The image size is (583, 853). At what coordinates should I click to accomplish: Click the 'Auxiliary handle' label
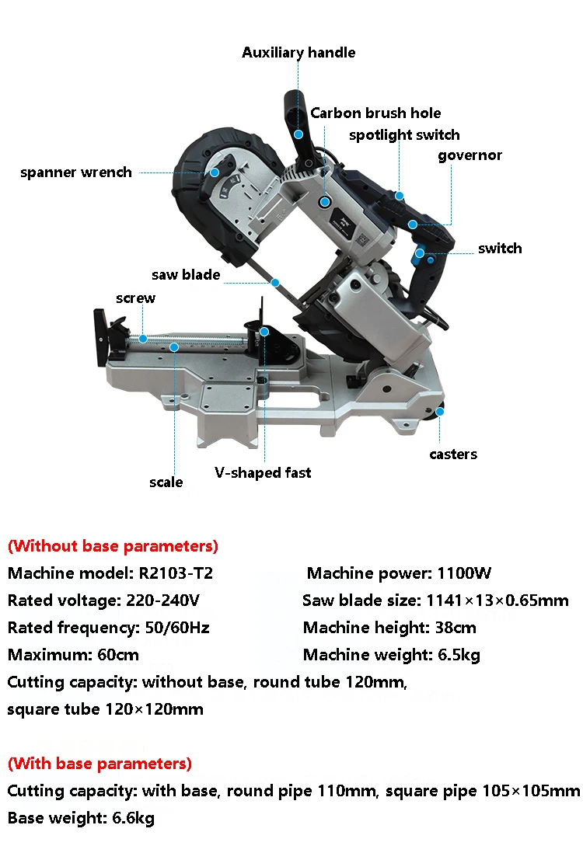click(298, 53)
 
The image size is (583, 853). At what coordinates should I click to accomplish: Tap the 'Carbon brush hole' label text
click(375, 113)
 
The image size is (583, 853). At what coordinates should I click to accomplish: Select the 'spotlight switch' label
click(404, 135)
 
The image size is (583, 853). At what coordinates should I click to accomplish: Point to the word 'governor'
click(470, 155)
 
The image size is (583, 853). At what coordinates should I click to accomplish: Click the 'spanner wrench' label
click(76, 172)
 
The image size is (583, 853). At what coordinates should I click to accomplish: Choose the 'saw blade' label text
click(186, 275)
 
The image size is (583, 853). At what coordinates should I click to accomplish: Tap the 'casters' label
click(453, 454)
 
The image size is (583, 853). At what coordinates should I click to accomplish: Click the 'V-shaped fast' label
click(263, 472)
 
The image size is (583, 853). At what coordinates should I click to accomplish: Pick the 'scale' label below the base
click(166, 482)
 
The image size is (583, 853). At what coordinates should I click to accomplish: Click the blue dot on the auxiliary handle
click(298, 134)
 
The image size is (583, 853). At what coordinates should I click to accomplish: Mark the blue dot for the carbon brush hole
click(324, 201)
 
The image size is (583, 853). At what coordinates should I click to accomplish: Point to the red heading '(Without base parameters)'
click(113, 546)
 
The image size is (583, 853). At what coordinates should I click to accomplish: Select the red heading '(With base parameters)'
click(99, 764)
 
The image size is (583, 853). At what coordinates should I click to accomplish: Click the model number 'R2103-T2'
click(177, 574)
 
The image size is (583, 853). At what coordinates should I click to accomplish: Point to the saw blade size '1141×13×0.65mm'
click(497, 601)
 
